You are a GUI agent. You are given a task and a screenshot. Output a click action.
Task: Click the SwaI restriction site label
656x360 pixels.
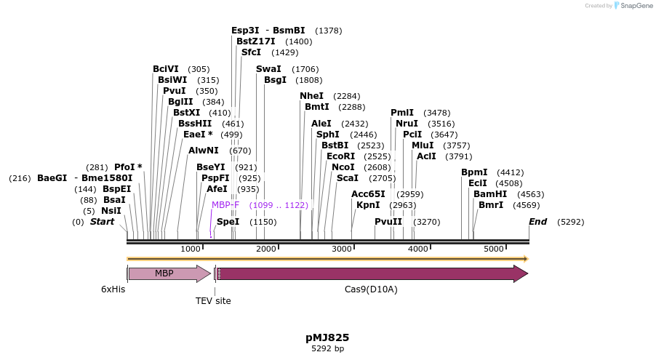point(268,69)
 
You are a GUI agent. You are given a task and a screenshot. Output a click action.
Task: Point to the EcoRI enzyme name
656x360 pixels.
point(340,156)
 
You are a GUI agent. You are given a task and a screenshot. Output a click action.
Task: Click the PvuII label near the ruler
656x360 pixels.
point(388,222)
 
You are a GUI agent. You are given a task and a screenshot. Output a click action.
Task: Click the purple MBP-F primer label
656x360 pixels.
point(225,205)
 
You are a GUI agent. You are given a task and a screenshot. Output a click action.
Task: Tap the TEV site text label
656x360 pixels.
point(213,300)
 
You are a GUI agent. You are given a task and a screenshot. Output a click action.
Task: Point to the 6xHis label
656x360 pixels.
point(113,289)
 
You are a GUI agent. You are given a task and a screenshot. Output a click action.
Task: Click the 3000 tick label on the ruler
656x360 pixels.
point(342,249)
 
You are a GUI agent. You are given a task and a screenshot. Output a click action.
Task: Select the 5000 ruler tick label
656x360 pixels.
point(494,249)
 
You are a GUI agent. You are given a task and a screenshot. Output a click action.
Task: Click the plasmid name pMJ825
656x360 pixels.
point(327,337)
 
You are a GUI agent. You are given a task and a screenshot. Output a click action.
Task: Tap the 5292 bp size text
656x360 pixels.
point(327,349)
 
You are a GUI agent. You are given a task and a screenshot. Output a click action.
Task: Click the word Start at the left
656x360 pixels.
point(102,222)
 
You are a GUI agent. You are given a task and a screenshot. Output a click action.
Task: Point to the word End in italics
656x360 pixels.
point(537,222)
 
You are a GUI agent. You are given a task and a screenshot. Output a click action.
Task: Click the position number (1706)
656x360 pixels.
point(305,69)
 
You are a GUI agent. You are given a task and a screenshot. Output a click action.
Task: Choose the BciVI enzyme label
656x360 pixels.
point(166,69)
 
